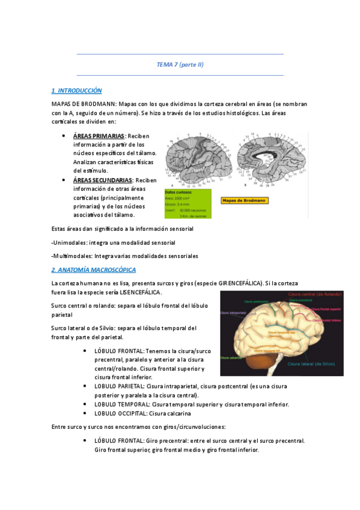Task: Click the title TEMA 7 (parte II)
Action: tap(180, 64)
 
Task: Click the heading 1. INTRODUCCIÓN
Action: tap(77, 90)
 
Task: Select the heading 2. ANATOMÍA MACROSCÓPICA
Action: tap(93, 269)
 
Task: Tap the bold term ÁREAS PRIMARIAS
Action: tap(99, 136)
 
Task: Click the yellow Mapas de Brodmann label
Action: tap(244, 200)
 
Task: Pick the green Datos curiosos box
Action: tap(188, 204)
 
